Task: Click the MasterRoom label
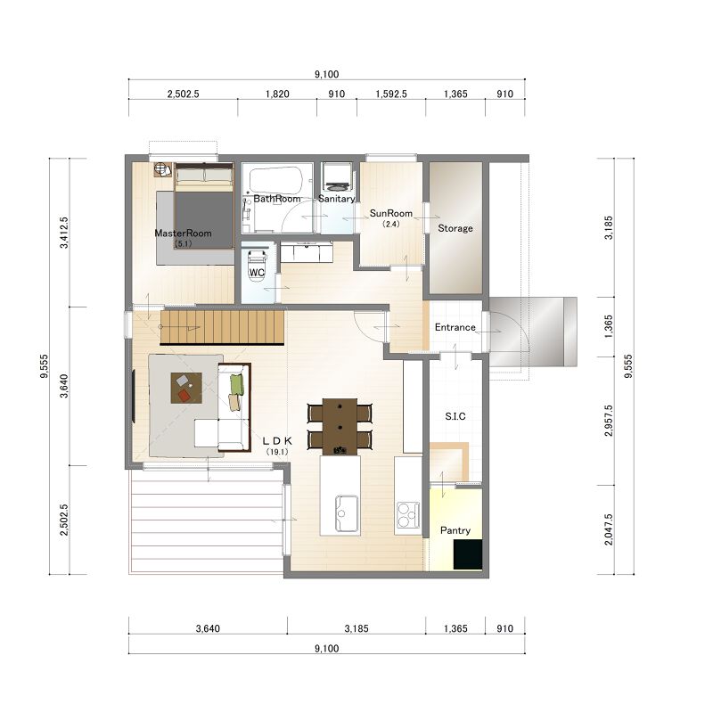pyautogui.click(x=183, y=234)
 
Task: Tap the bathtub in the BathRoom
pyautogui.click(x=276, y=180)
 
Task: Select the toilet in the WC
pyautogui.click(x=257, y=265)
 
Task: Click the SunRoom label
pyautogui.click(x=391, y=213)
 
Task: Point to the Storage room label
pyautogui.click(x=455, y=228)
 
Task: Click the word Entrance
pyautogui.click(x=455, y=327)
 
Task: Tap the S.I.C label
pyautogui.click(x=455, y=416)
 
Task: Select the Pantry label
pyautogui.click(x=455, y=530)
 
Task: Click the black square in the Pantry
pyautogui.click(x=468, y=553)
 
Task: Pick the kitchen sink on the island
pyautogui.click(x=346, y=513)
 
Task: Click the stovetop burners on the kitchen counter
pyautogui.click(x=408, y=514)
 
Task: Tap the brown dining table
pyautogui.click(x=340, y=427)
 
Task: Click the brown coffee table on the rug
pyautogui.click(x=186, y=388)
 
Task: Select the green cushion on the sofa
pyautogui.click(x=237, y=384)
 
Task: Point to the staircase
pyautogui.click(x=222, y=327)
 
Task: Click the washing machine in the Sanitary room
pyautogui.click(x=337, y=177)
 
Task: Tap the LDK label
pyautogui.click(x=277, y=441)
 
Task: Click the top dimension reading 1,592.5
pyautogui.click(x=391, y=94)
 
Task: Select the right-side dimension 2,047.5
pyautogui.click(x=609, y=529)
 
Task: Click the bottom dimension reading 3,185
pyautogui.click(x=356, y=628)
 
